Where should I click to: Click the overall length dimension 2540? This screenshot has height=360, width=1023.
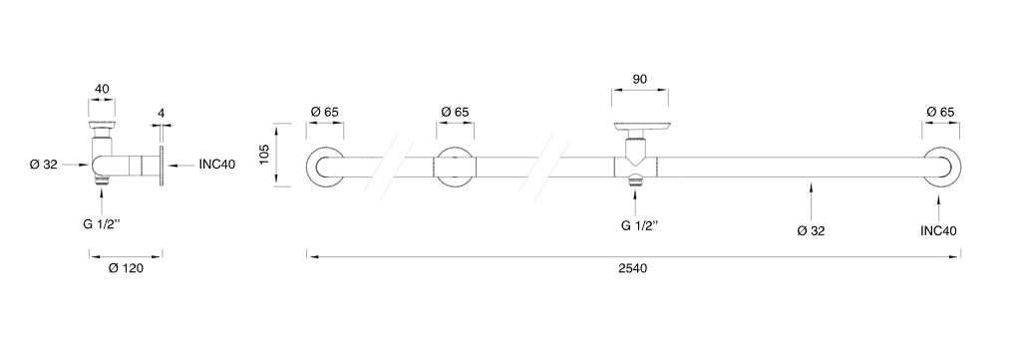point(632,268)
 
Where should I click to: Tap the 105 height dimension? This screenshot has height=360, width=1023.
point(265,155)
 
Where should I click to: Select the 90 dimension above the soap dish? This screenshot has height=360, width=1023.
point(639,80)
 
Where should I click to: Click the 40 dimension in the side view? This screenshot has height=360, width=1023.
point(102,89)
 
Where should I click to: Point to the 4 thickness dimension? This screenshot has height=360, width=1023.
point(162,113)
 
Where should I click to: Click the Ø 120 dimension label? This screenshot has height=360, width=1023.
point(126,268)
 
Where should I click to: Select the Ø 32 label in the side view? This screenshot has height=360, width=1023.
point(44,165)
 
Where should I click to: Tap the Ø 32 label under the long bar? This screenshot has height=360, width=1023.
point(811,231)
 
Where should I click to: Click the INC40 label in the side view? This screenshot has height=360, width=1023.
point(217,165)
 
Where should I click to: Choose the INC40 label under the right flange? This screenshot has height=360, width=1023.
point(939,231)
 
